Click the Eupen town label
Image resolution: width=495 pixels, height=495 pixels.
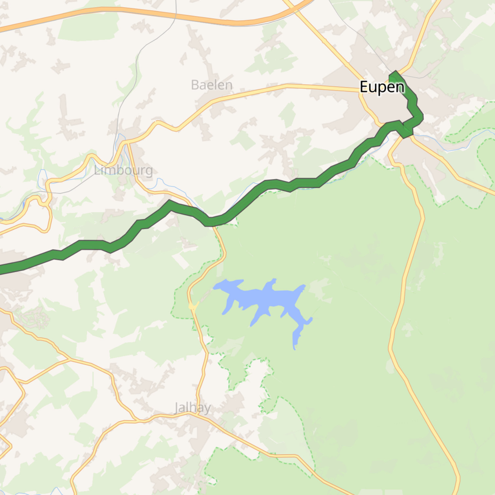[x=382, y=87]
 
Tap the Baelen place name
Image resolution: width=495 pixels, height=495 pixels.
[x=212, y=85]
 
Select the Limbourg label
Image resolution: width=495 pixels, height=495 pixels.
[x=123, y=170]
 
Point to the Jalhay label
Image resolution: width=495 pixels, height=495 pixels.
[x=192, y=408]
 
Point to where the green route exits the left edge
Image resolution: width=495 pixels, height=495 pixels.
[x=1, y=269]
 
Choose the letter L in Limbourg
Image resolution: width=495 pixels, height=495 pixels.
[x=97, y=170]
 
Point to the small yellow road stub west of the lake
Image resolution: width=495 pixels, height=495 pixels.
[x=193, y=306]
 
